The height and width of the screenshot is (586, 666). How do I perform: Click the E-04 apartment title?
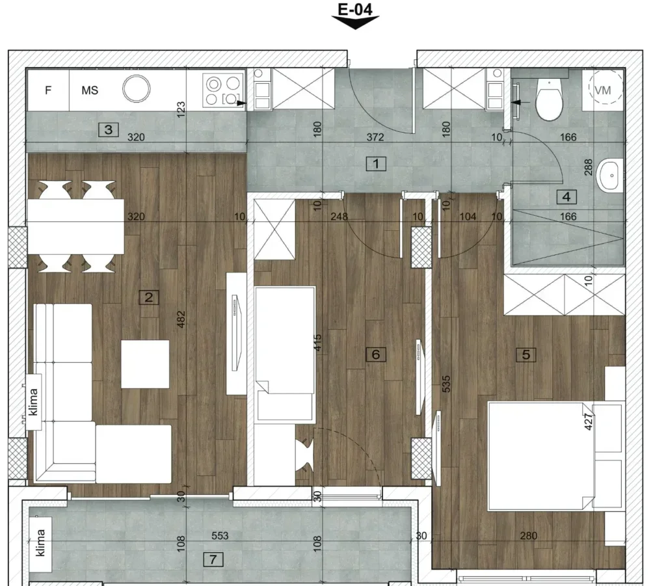click(x=355, y=9)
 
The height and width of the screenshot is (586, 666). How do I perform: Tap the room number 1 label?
click(x=376, y=163)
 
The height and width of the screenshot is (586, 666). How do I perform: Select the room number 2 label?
click(x=149, y=297)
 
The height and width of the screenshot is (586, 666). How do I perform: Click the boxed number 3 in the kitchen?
click(x=109, y=129)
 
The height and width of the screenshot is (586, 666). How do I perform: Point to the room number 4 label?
click(x=566, y=196)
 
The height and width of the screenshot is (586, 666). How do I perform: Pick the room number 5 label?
click(x=526, y=354)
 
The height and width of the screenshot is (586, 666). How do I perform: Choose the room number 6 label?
click(x=376, y=354)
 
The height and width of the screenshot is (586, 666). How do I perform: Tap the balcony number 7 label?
click(x=213, y=559)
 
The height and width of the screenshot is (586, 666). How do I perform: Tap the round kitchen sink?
click(x=137, y=88)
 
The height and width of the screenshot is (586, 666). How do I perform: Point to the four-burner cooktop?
click(x=223, y=90)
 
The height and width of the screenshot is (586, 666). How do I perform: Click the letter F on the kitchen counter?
click(x=48, y=90)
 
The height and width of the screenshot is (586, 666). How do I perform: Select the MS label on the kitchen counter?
click(x=90, y=90)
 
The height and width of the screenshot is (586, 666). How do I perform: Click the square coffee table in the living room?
click(x=145, y=364)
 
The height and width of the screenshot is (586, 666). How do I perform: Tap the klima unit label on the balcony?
click(x=41, y=542)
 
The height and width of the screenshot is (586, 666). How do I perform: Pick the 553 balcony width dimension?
click(x=220, y=536)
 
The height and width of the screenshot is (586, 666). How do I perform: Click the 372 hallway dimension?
click(x=375, y=137)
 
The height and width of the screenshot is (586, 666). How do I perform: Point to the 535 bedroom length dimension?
click(x=446, y=384)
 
